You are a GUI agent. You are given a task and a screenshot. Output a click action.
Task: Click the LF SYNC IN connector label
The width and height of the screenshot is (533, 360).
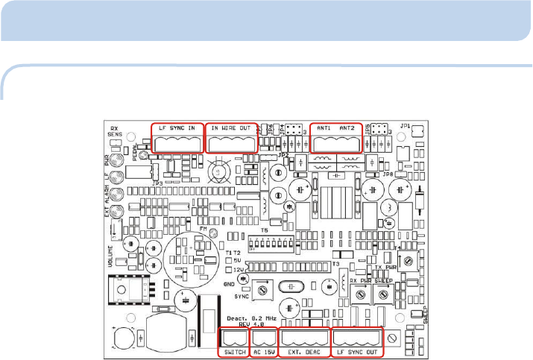[177, 128]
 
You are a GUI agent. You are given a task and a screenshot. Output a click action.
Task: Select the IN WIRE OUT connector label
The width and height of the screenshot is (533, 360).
[230, 128]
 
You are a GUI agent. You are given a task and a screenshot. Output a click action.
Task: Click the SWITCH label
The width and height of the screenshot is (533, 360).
[235, 351]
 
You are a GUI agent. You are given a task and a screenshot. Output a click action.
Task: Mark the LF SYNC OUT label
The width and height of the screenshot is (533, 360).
[356, 351]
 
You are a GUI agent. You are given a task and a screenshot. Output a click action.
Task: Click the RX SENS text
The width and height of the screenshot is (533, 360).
[115, 131]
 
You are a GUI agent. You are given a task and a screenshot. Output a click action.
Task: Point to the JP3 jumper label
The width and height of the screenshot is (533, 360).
[157, 182]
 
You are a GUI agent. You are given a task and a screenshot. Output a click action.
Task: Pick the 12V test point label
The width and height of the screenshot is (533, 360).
[239, 269]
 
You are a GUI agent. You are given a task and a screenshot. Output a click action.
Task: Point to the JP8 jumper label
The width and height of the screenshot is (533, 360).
[388, 175]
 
